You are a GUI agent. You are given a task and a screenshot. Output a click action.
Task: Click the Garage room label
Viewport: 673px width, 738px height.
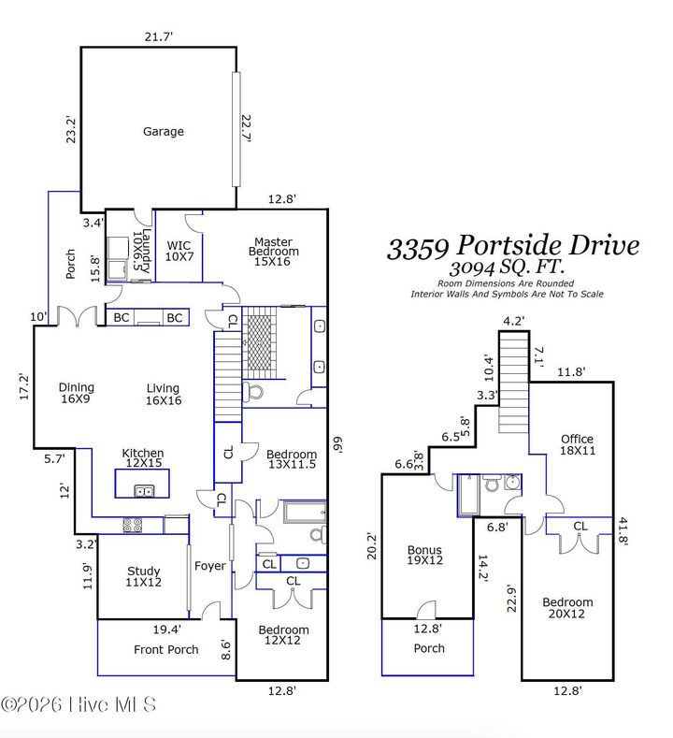pos(163,132)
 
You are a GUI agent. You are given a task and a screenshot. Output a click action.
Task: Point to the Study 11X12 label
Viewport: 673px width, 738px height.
pos(143,577)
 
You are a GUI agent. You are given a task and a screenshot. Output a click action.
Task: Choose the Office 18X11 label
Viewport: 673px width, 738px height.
pos(577,444)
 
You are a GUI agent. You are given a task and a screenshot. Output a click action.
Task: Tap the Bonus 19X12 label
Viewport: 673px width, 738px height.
pos(424,556)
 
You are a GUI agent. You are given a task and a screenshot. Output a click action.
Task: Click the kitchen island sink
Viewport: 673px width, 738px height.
pos(144,490)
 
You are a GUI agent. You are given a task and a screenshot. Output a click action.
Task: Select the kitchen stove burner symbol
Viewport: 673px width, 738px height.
pos(132,525)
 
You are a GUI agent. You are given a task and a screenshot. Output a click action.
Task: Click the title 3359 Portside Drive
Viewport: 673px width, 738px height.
pos(513,246)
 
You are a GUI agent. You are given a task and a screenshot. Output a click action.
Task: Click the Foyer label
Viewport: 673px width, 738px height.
pos(209,566)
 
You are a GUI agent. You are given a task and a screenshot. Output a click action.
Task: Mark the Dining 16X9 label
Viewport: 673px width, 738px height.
pos(76,394)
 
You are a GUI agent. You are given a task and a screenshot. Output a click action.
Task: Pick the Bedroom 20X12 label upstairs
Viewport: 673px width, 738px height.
pos(567,609)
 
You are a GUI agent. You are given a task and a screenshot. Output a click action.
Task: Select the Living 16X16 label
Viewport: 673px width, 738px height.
pos(163,394)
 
